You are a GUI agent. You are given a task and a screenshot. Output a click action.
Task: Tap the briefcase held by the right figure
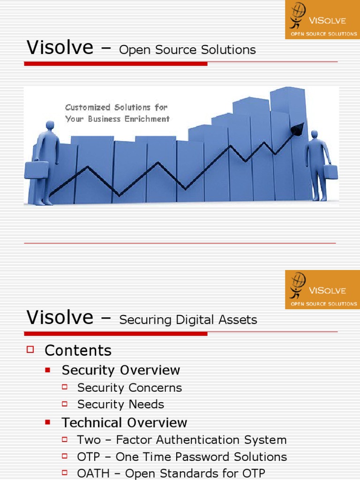point(330,172)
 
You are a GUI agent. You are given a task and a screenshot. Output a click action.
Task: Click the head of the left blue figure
point(50,125)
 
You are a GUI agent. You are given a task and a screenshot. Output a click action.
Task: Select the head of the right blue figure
point(314,134)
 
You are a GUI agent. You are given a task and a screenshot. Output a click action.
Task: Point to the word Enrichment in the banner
point(147,119)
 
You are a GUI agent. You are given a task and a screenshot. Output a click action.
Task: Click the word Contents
point(78,351)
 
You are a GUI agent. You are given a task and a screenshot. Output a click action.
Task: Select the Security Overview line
point(120,370)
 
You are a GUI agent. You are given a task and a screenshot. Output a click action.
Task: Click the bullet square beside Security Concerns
point(65,387)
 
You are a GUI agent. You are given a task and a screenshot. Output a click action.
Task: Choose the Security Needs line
point(120,404)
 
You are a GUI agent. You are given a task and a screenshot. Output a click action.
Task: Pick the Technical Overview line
point(124,422)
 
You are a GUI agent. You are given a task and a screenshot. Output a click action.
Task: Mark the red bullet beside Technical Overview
point(48,422)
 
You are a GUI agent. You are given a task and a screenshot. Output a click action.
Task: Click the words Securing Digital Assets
point(188,320)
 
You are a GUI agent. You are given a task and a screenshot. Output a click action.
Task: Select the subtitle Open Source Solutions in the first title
point(187,50)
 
